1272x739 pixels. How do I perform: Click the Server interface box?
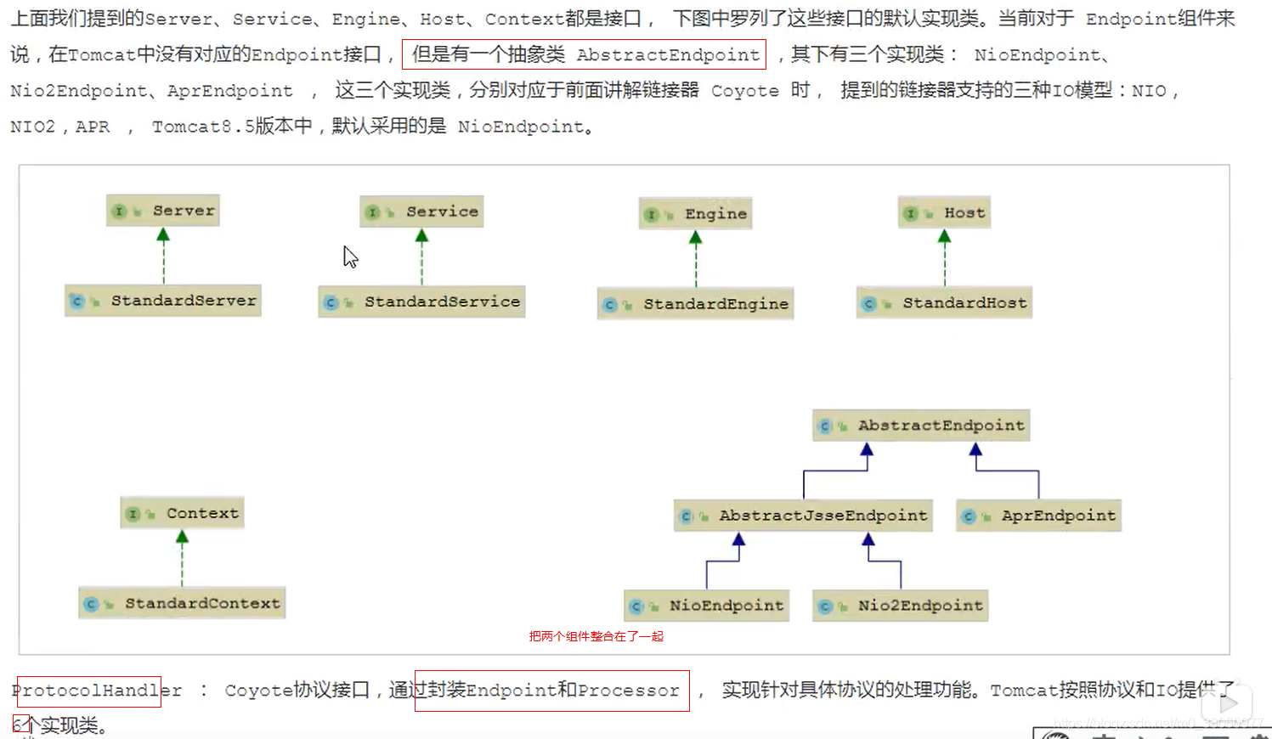coord(163,211)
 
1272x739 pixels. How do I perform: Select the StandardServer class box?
coord(163,301)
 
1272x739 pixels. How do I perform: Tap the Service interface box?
coord(421,212)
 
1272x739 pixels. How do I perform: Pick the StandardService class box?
coord(421,302)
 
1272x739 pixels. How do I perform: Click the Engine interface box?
coord(695,214)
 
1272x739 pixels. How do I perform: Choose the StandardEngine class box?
coord(695,304)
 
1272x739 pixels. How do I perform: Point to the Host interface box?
coord(944,213)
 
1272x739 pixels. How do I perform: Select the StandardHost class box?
coord(944,303)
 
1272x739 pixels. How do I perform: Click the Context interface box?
coord(182,513)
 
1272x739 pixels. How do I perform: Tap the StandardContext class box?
coord(182,603)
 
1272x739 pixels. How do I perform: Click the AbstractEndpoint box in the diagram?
coord(921,426)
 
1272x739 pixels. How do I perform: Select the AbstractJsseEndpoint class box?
coord(803,516)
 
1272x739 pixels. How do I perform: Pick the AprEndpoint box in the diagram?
coord(1038,516)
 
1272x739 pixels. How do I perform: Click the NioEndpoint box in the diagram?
coord(706,606)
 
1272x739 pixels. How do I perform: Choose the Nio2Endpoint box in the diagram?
coord(900,606)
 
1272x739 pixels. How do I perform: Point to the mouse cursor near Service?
coord(349,256)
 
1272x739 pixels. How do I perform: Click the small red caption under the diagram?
coord(596,636)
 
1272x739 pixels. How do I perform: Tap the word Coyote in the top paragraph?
coord(744,91)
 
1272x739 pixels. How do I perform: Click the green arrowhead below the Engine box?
coord(695,238)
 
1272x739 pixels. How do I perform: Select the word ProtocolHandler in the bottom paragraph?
coord(96,691)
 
